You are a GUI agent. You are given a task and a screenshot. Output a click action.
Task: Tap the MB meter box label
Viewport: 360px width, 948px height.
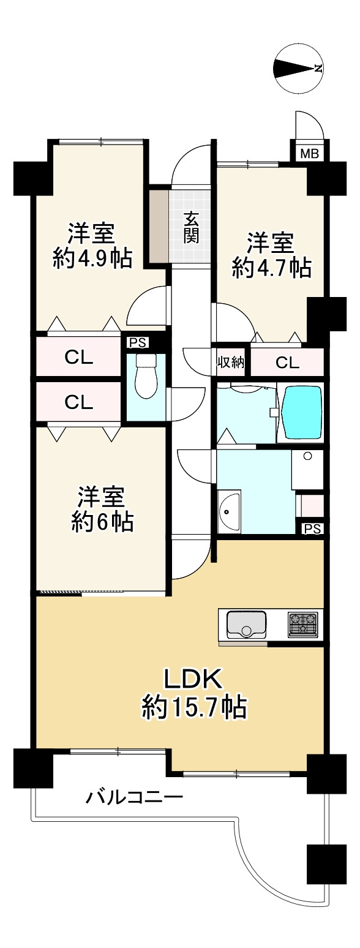click(x=309, y=154)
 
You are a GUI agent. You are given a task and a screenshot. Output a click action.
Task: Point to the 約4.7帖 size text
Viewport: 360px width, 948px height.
click(x=271, y=268)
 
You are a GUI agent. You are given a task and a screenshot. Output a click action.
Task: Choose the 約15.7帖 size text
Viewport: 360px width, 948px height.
click(x=194, y=708)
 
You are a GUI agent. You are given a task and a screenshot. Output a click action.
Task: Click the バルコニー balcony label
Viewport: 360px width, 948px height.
click(x=134, y=798)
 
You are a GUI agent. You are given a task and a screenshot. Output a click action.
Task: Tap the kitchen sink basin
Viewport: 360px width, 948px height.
click(x=246, y=624)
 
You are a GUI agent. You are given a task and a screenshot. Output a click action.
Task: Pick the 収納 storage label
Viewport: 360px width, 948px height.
click(x=231, y=363)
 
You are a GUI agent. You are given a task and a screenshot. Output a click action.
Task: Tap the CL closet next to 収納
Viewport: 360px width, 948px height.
click(x=287, y=363)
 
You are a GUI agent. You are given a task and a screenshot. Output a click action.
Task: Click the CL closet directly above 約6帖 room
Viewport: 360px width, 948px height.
click(x=79, y=402)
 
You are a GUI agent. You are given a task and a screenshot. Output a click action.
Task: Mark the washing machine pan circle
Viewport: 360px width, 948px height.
click(x=308, y=456)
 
